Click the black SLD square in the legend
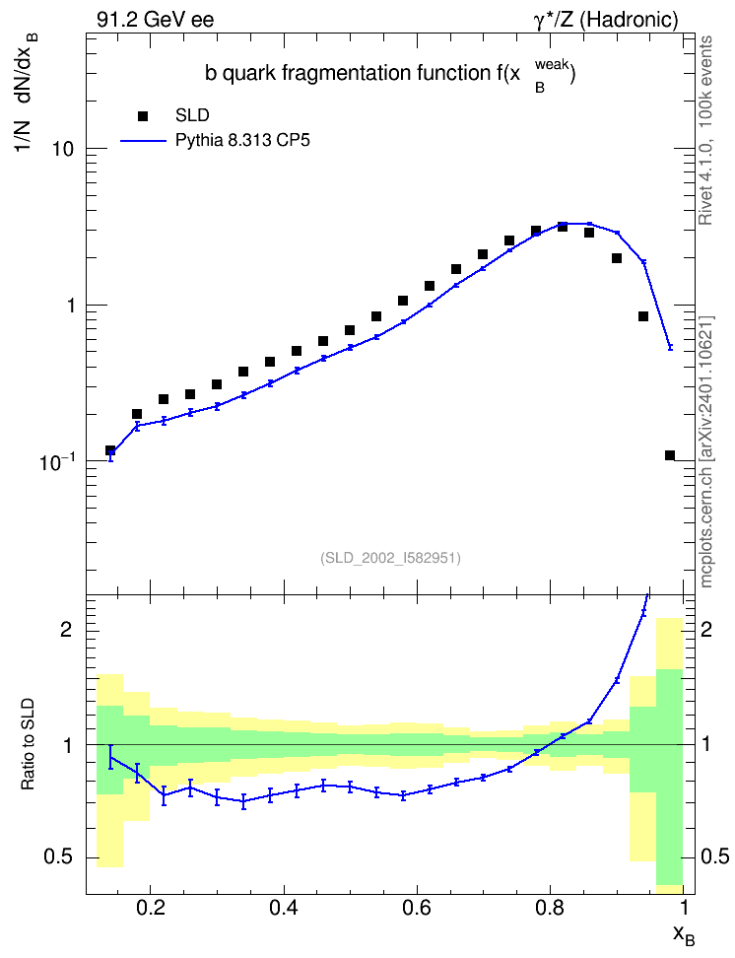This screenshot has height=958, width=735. point(143,116)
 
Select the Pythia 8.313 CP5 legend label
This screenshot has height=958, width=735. point(242,141)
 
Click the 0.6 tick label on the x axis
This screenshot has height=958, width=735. point(417,908)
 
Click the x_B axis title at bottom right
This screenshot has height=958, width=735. point(684,934)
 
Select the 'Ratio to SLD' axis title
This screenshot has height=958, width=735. point(28,744)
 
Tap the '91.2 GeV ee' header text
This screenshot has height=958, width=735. point(156,20)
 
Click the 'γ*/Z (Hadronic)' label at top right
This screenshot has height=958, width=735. point(606,20)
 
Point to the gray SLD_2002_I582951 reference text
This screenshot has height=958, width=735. point(390,558)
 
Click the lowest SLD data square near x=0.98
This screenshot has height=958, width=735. point(670,455)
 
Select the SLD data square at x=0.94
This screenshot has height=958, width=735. point(643,316)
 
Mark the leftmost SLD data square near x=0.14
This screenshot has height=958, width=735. point(110,450)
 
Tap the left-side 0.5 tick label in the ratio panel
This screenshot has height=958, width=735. point(59,857)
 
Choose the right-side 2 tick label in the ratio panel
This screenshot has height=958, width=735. point(706,629)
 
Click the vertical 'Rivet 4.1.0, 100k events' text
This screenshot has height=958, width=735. point(705,130)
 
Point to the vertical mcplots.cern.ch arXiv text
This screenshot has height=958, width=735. point(705,452)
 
